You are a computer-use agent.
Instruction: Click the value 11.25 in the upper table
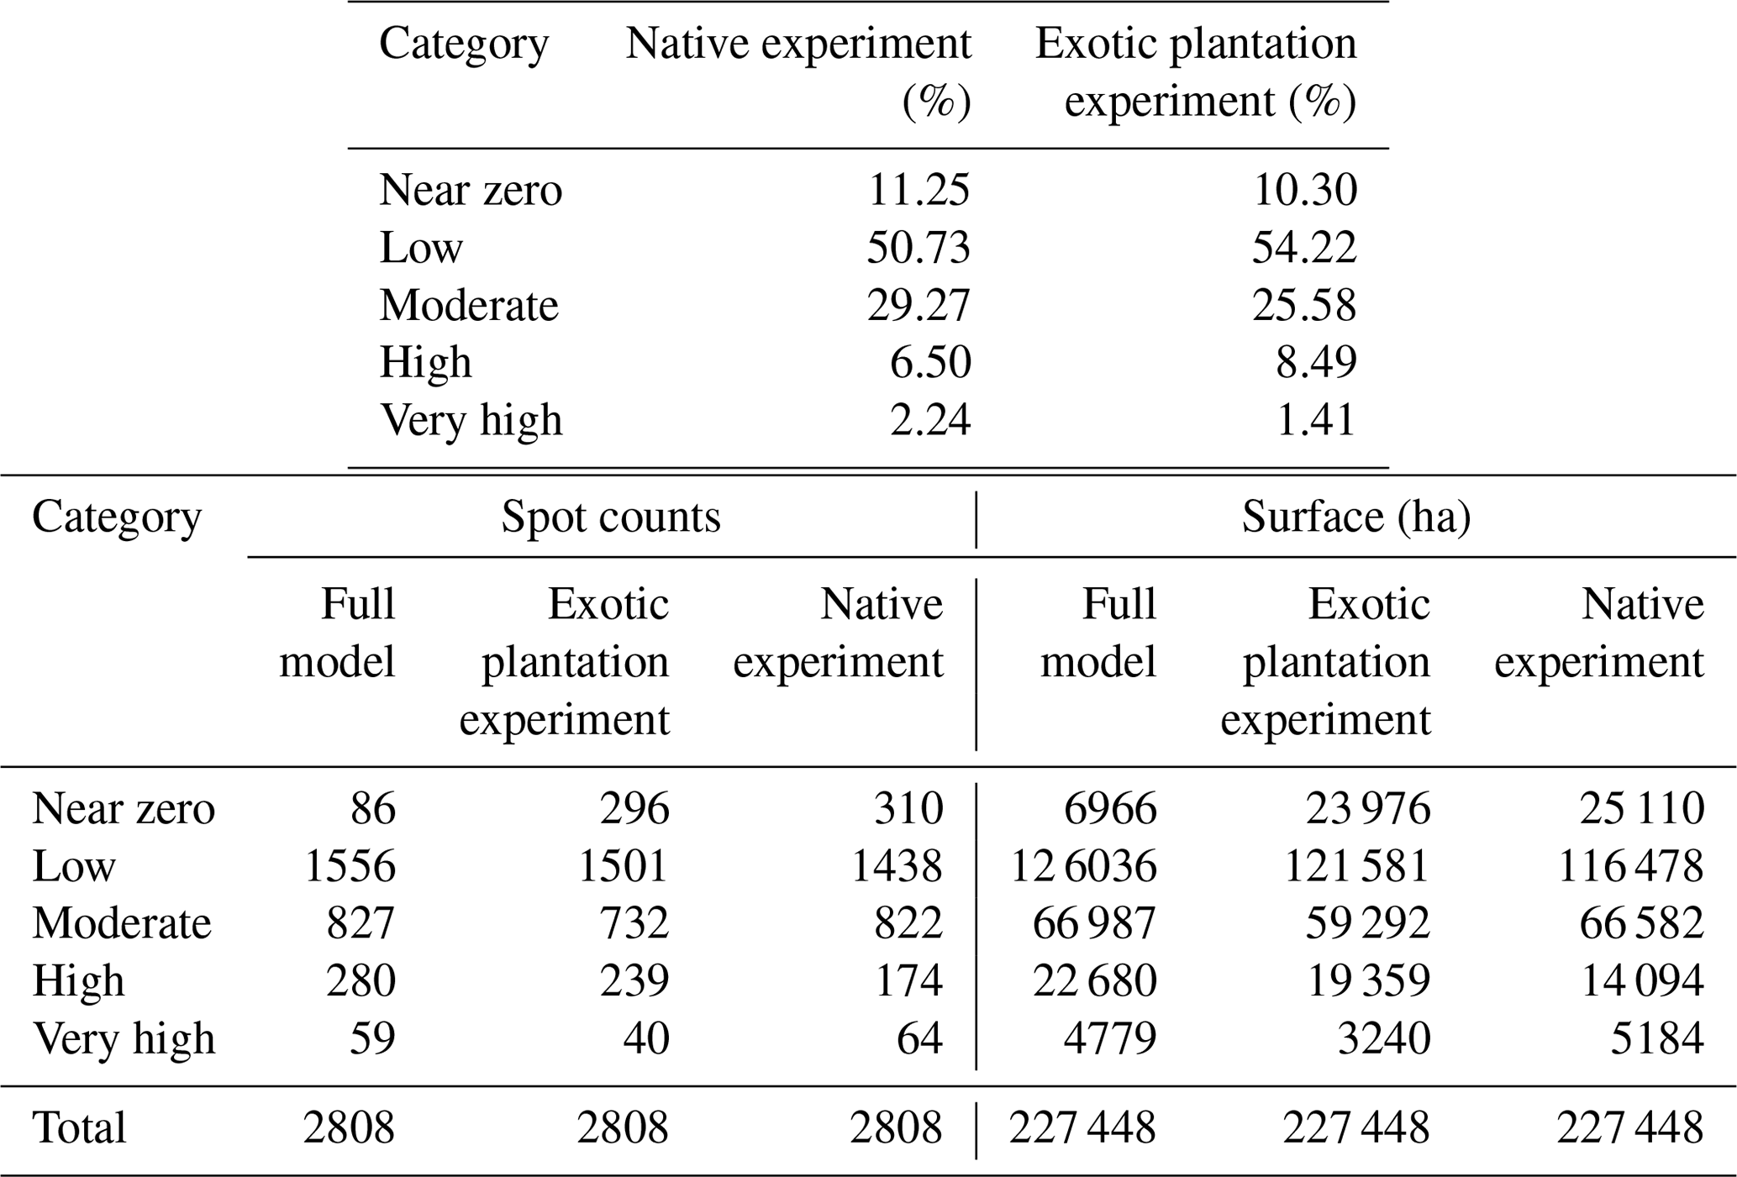coord(919,190)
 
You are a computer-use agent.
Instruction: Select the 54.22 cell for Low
coord(1304,248)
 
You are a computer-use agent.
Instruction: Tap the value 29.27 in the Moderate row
coord(919,305)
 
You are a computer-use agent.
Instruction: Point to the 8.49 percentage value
coord(1316,362)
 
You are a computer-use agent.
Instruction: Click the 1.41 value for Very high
coord(1316,420)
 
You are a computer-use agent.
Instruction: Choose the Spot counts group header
coord(611,517)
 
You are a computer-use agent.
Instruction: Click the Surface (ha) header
coord(1356,517)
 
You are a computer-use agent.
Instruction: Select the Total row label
coord(79,1127)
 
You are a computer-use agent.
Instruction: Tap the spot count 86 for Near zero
coord(373,809)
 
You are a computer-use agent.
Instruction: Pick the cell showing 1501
coord(624,866)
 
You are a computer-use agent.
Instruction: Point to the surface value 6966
coord(1110,809)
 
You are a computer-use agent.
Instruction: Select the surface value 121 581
coord(1356,866)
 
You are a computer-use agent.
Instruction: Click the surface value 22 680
coord(1094,980)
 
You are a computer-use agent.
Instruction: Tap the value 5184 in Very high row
coord(1657,1038)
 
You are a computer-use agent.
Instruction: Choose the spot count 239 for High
coord(634,980)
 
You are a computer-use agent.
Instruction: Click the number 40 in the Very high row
coord(646,1038)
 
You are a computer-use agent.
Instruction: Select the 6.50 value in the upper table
coord(930,362)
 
